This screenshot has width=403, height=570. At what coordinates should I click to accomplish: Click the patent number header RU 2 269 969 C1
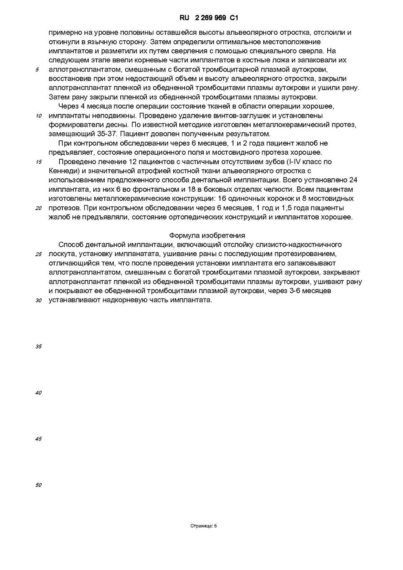[x=209, y=18]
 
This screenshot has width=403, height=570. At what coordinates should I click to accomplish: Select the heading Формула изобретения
[x=207, y=235]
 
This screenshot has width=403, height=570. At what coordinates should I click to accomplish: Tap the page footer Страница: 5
[x=204, y=526]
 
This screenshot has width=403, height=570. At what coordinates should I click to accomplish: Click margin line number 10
[x=39, y=116]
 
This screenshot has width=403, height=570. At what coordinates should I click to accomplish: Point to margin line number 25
[x=39, y=254]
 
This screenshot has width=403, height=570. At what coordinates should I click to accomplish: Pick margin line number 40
[x=39, y=393]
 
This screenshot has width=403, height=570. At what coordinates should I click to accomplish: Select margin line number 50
[x=39, y=485]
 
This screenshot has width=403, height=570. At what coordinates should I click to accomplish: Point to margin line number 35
[x=39, y=346]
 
